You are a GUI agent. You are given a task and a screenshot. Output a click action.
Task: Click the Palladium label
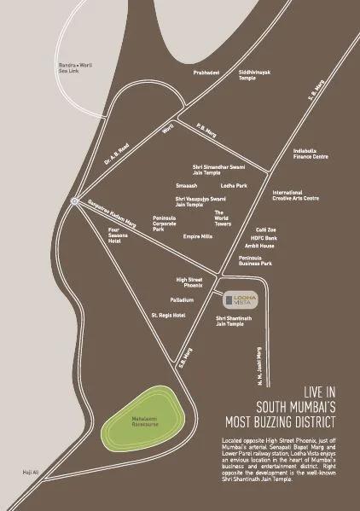(x=183, y=300)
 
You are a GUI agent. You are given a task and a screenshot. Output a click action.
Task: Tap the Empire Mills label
(x=197, y=236)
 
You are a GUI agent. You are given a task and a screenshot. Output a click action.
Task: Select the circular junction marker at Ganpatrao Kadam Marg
(x=76, y=202)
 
